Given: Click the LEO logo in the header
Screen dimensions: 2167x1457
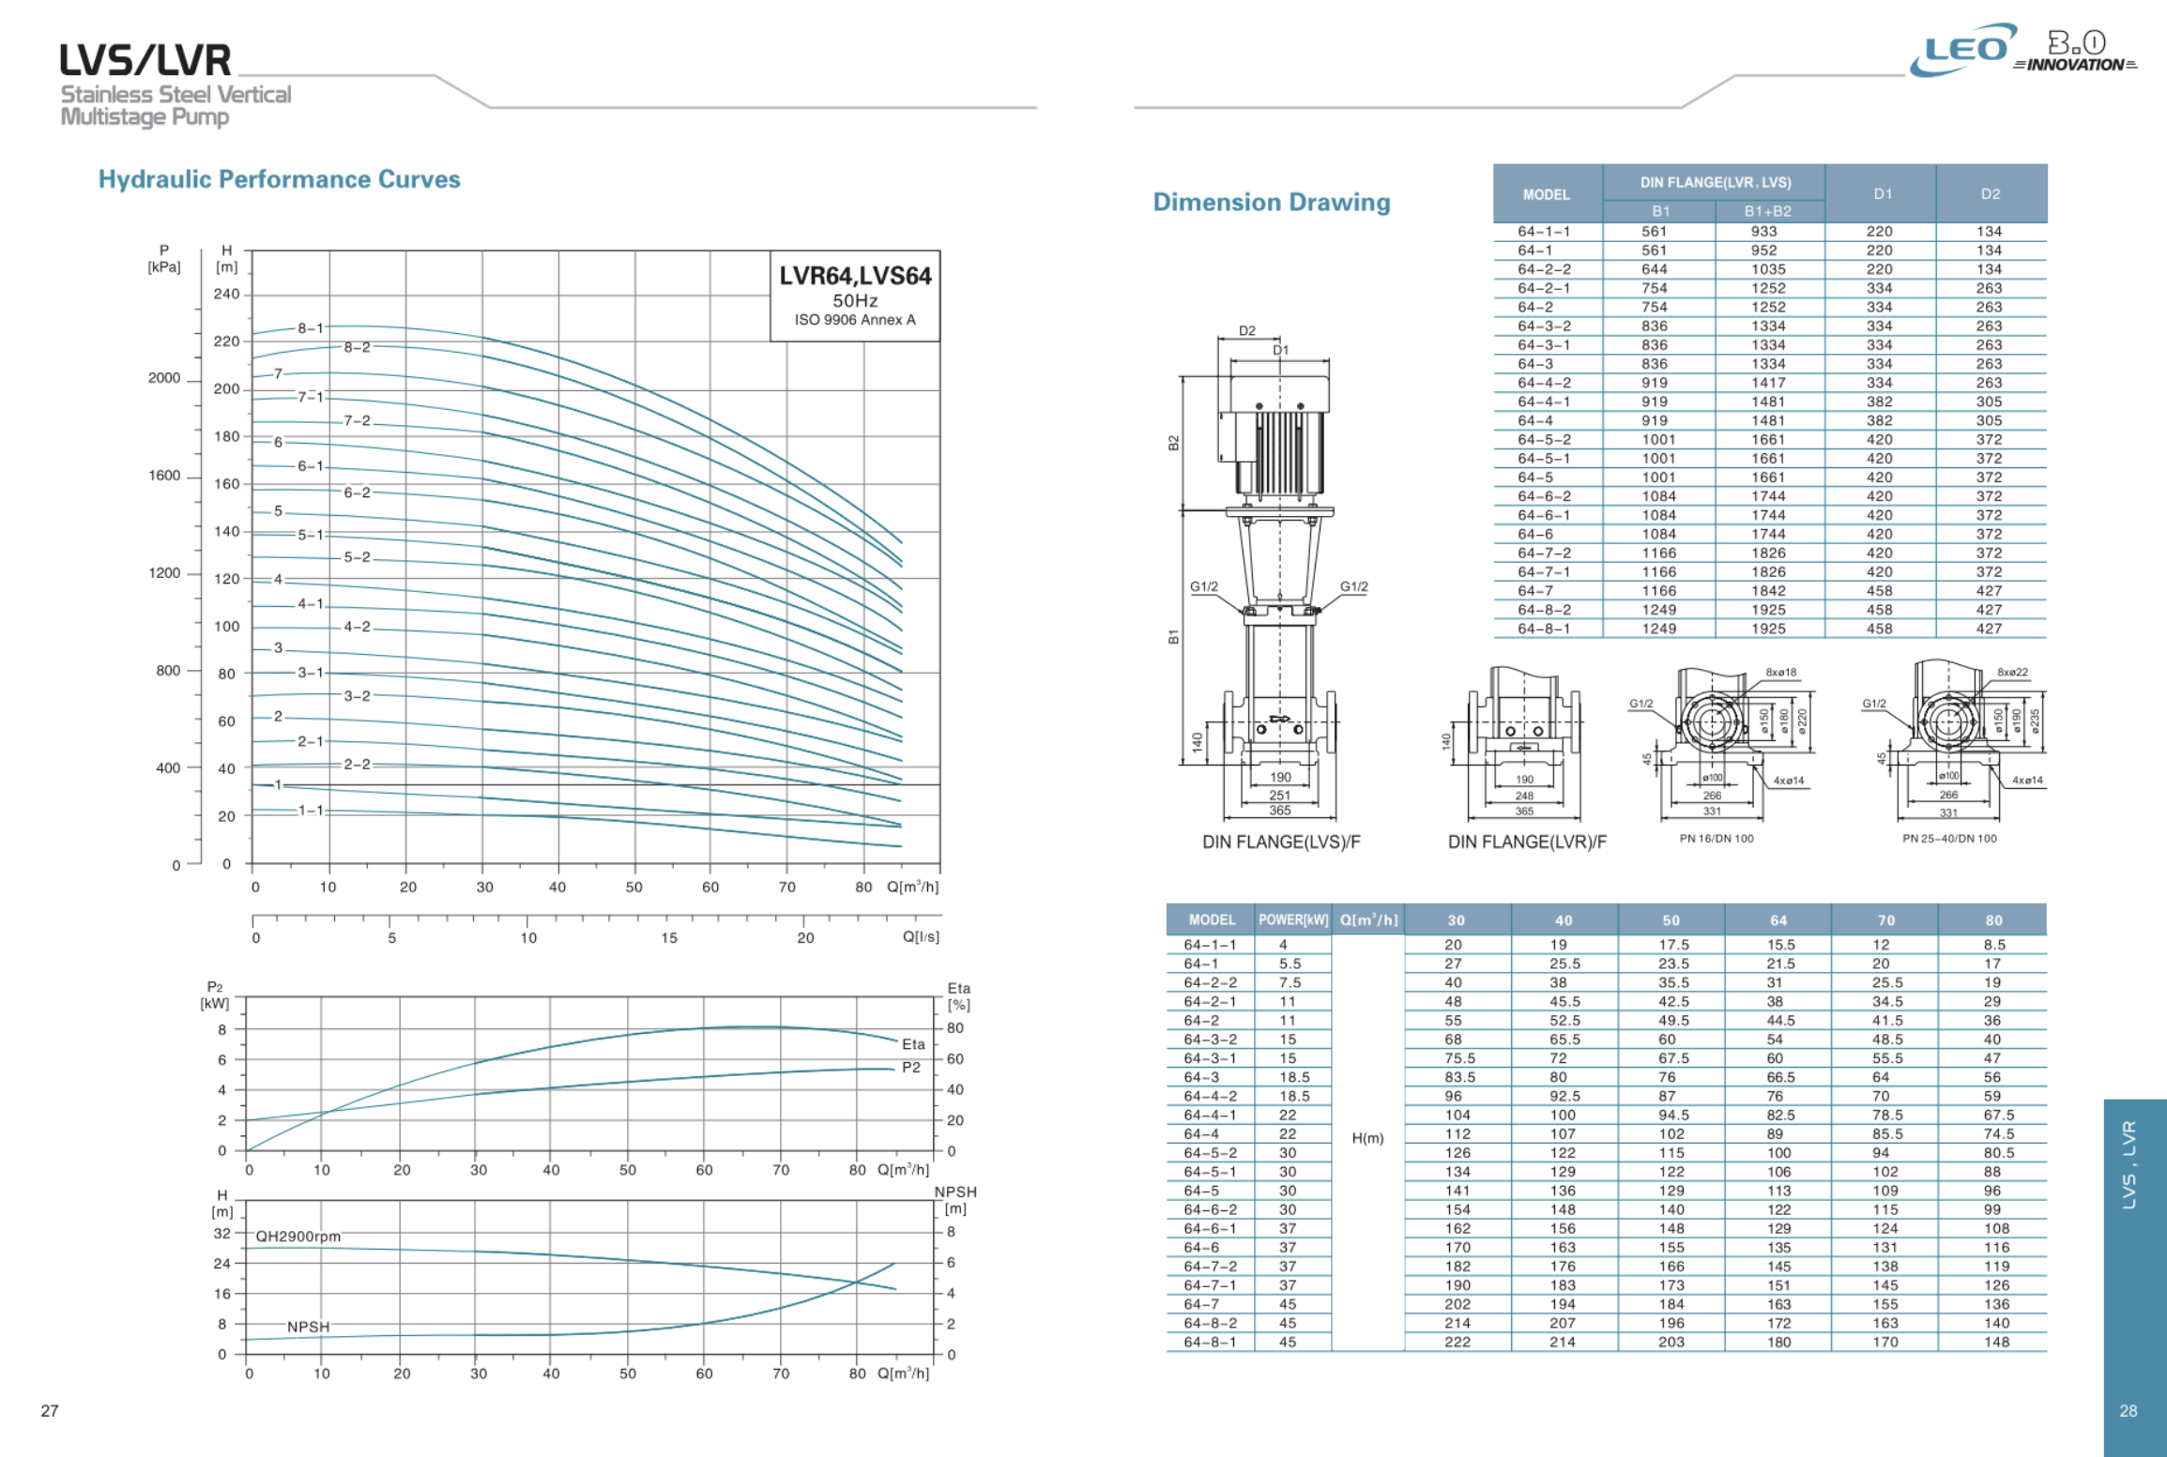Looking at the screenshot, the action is (x=1963, y=49).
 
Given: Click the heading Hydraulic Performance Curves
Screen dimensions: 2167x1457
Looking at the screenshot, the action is (x=279, y=179).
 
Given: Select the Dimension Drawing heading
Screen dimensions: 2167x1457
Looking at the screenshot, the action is (x=1271, y=202).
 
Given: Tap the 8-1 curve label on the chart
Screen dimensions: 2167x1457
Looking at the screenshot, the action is (x=311, y=327).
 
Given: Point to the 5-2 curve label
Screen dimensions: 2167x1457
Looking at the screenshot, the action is (x=357, y=557).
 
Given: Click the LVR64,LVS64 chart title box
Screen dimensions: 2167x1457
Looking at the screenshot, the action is (x=855, y=296).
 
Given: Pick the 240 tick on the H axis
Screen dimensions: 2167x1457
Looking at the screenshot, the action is (x=226, y=294).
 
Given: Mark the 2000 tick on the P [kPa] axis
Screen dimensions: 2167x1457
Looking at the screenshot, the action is (x=164, y=378).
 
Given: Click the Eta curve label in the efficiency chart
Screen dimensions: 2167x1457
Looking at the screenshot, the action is (x=913, y=1044).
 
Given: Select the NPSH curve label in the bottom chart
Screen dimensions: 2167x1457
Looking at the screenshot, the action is (x=308, y=1327).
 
